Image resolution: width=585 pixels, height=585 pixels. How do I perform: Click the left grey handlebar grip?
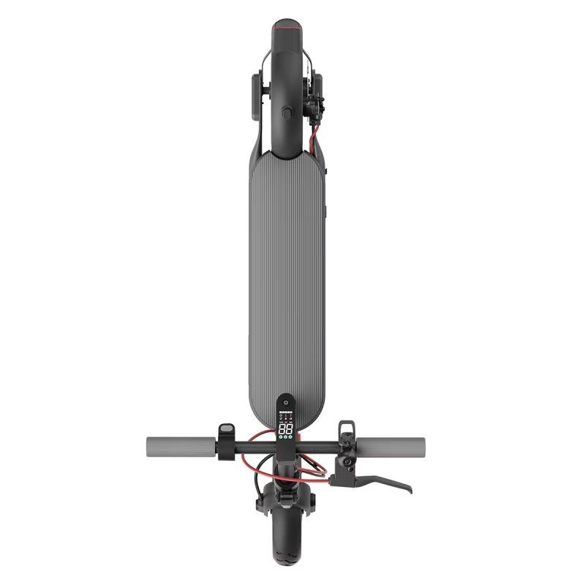179,444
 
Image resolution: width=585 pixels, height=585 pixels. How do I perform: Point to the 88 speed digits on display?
286,429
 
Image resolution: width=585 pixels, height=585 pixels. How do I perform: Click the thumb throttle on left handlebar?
227,431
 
